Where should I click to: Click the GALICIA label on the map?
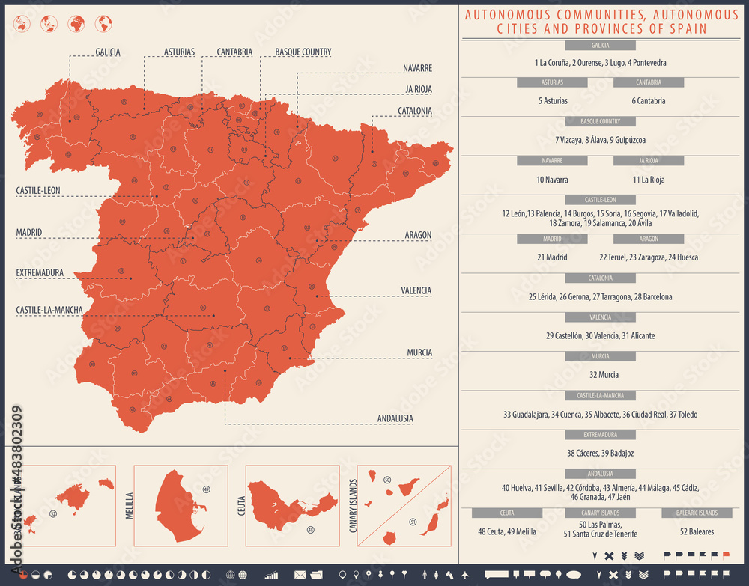pyautogui.click(x=108, y=52)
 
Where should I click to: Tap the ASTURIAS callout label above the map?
pyautogui.click(x=179, y=52)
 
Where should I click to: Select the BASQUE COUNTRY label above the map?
pyautogui.click(x=303, y=52)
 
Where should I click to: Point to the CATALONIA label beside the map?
pyautogui.click(x=414, y=111)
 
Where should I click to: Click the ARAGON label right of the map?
pyautogui.click(x=418, y=235)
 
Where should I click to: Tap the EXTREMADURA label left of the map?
pyautogui.click(x=40, y=273)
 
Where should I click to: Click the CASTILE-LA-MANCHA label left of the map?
pyautogui.click(x=49, y=309)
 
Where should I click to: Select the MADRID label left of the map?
pyautogui.click(x=29, y=233)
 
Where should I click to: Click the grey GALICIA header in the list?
pyautogui.click(x=600, y=46)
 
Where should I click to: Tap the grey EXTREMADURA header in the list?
pyautogui.click(x=600, y=434)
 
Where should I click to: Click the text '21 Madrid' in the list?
pyautogui.click(x=552, y=257)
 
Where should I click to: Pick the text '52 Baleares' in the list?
pyautogui.click(x=697, y=532)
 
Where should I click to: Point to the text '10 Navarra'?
pyautogui.click(x=552, y=180)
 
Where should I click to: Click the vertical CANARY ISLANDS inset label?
pyautogui.click(x=353, y=506)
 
